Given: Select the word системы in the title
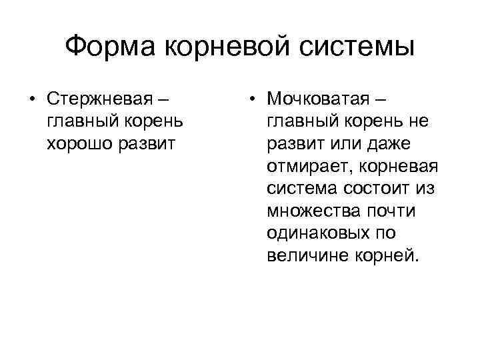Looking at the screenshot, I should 356,47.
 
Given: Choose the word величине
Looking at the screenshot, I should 303,256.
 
